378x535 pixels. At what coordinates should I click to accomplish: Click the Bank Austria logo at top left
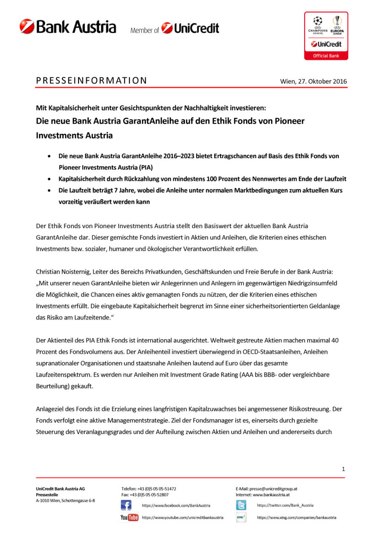click(68, 27)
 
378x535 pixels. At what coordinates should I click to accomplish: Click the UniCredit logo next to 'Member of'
click(190, 28)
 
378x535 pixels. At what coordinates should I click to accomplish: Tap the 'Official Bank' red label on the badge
click(326, 56)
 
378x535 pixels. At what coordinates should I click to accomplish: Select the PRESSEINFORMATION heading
click(91, 81)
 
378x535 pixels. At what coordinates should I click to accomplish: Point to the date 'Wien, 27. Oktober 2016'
click(313, 81)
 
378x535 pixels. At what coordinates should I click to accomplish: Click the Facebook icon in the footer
click(126, 505)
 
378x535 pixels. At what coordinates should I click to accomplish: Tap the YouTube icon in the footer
click(129, 518)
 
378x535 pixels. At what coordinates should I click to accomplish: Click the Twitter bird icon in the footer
click(241, 505)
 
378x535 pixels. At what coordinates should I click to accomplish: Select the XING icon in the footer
click(241, 517)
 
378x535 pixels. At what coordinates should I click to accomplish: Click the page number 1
click(343, 469)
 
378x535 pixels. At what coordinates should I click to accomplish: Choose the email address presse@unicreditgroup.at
click(273, 489)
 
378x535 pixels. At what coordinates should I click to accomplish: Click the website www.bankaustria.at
click(271, 495)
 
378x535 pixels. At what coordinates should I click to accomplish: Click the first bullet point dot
click(49, 156)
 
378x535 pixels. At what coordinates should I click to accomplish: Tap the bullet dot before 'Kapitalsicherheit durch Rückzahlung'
click(49, 179)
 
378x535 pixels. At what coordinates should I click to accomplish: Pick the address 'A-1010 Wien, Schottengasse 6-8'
click(65, 501)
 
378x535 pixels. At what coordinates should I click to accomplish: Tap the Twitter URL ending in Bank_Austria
click(285, 505)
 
